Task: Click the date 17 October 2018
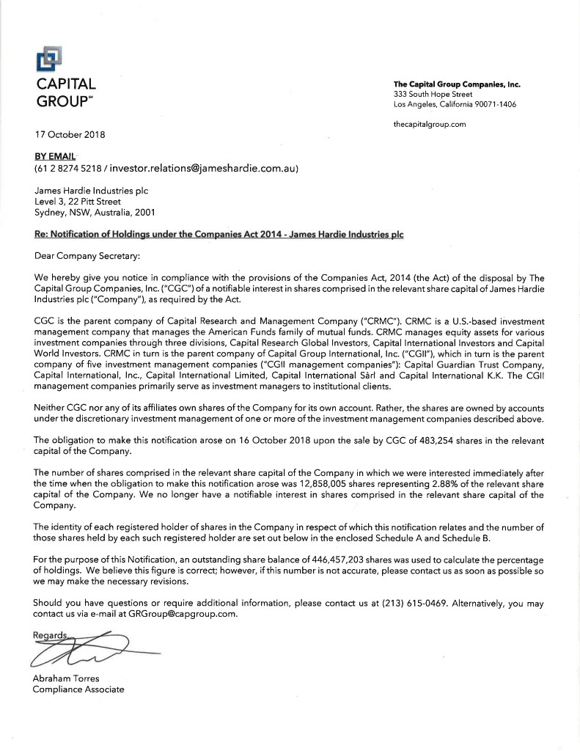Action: [70, 134]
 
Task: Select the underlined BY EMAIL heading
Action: [54, 156]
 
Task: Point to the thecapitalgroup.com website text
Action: [430, 124]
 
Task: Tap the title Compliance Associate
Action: [79, 689]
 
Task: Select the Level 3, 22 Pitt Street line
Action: [78, 201]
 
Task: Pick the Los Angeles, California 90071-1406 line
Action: [455, 104]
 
